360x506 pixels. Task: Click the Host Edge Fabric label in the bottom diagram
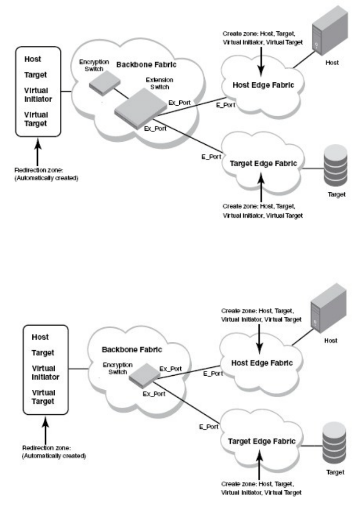pyautogui.click(x=259, y=362)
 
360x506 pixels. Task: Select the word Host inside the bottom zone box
pyautogui.click(x=41, y=337)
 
